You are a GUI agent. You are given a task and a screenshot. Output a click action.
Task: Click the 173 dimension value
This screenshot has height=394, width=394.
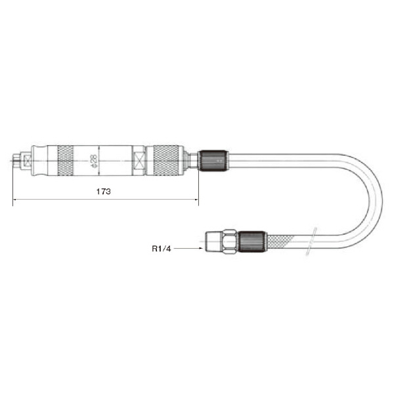tap(104, 192)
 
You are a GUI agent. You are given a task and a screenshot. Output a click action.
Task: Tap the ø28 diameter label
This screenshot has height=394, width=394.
tap(93, 161)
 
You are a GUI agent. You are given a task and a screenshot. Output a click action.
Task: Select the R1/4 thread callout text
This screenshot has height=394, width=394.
tap(162, 249)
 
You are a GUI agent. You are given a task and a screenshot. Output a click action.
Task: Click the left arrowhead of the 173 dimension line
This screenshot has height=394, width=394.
tap(15, 200)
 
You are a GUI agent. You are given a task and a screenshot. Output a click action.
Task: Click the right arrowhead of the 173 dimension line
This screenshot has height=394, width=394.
tap(196, 200)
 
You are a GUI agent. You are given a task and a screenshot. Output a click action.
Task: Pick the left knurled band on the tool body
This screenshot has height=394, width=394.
tap(66, 160)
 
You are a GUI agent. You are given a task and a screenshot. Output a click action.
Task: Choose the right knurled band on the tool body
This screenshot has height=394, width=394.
tap(166, 160)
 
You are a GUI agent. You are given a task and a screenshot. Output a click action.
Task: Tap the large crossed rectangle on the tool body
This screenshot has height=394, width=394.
tap(139, 161)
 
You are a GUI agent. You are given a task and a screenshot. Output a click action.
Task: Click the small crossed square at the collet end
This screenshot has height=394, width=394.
tap(26, 161)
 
